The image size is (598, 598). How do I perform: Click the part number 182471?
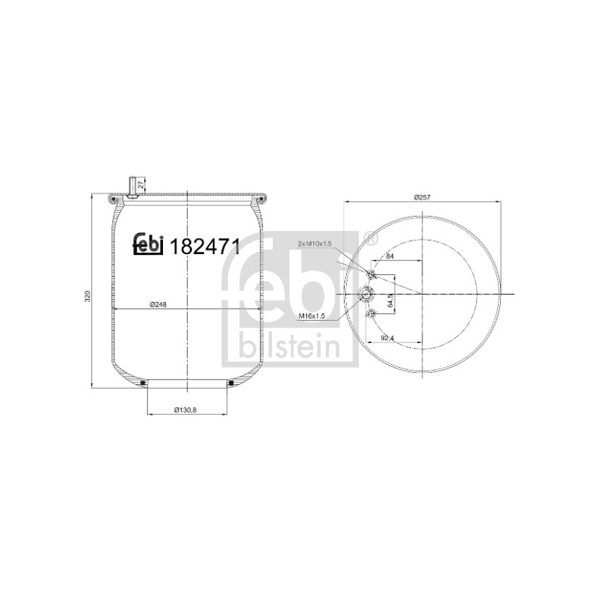click(205, 247)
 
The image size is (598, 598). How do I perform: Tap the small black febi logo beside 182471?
click(148, 244)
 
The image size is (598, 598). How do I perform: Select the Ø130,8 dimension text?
click(185, 410)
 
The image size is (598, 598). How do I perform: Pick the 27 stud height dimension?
click(141, 185)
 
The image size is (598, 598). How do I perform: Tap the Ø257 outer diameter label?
click(422, 197)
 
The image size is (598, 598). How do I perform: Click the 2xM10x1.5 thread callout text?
click(314, 244)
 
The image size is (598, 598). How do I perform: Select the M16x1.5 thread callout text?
click(311, 315)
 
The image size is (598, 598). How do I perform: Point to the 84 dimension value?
click(389, 256)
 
